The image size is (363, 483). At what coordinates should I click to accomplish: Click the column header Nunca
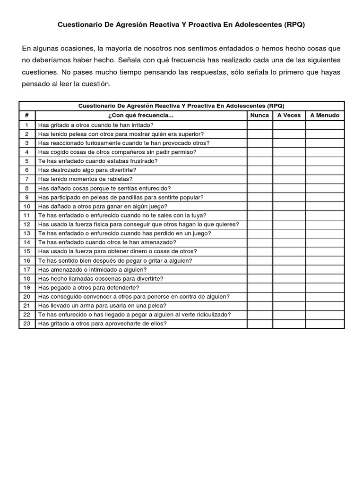point(259,115)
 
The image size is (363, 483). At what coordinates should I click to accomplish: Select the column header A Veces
point(289,115)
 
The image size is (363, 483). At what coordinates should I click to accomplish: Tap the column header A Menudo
point(325,115)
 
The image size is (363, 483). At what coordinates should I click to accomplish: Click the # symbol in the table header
point(27,115)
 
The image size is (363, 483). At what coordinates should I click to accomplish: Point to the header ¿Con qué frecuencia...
point(141,115)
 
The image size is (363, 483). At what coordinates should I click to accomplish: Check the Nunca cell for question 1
point(259,125)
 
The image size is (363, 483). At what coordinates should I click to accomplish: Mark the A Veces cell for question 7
point(289,179)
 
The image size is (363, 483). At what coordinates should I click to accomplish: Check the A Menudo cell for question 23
point(325,324)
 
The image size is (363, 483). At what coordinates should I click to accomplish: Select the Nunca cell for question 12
point(259,224)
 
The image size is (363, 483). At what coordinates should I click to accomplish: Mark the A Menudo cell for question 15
point(325,251)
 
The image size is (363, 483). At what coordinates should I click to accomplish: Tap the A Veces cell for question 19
point(289,287)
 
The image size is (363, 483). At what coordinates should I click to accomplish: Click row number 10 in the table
point(27,206)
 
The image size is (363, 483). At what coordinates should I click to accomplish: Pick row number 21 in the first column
point(27,306)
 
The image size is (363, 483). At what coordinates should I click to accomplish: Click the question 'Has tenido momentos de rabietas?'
point(85,179)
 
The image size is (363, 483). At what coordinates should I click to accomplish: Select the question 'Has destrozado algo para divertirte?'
point(87,170)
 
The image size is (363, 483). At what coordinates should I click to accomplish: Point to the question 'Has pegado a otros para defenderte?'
point(88,287)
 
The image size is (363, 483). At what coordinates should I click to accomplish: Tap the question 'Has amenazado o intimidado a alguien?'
point(92,269)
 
